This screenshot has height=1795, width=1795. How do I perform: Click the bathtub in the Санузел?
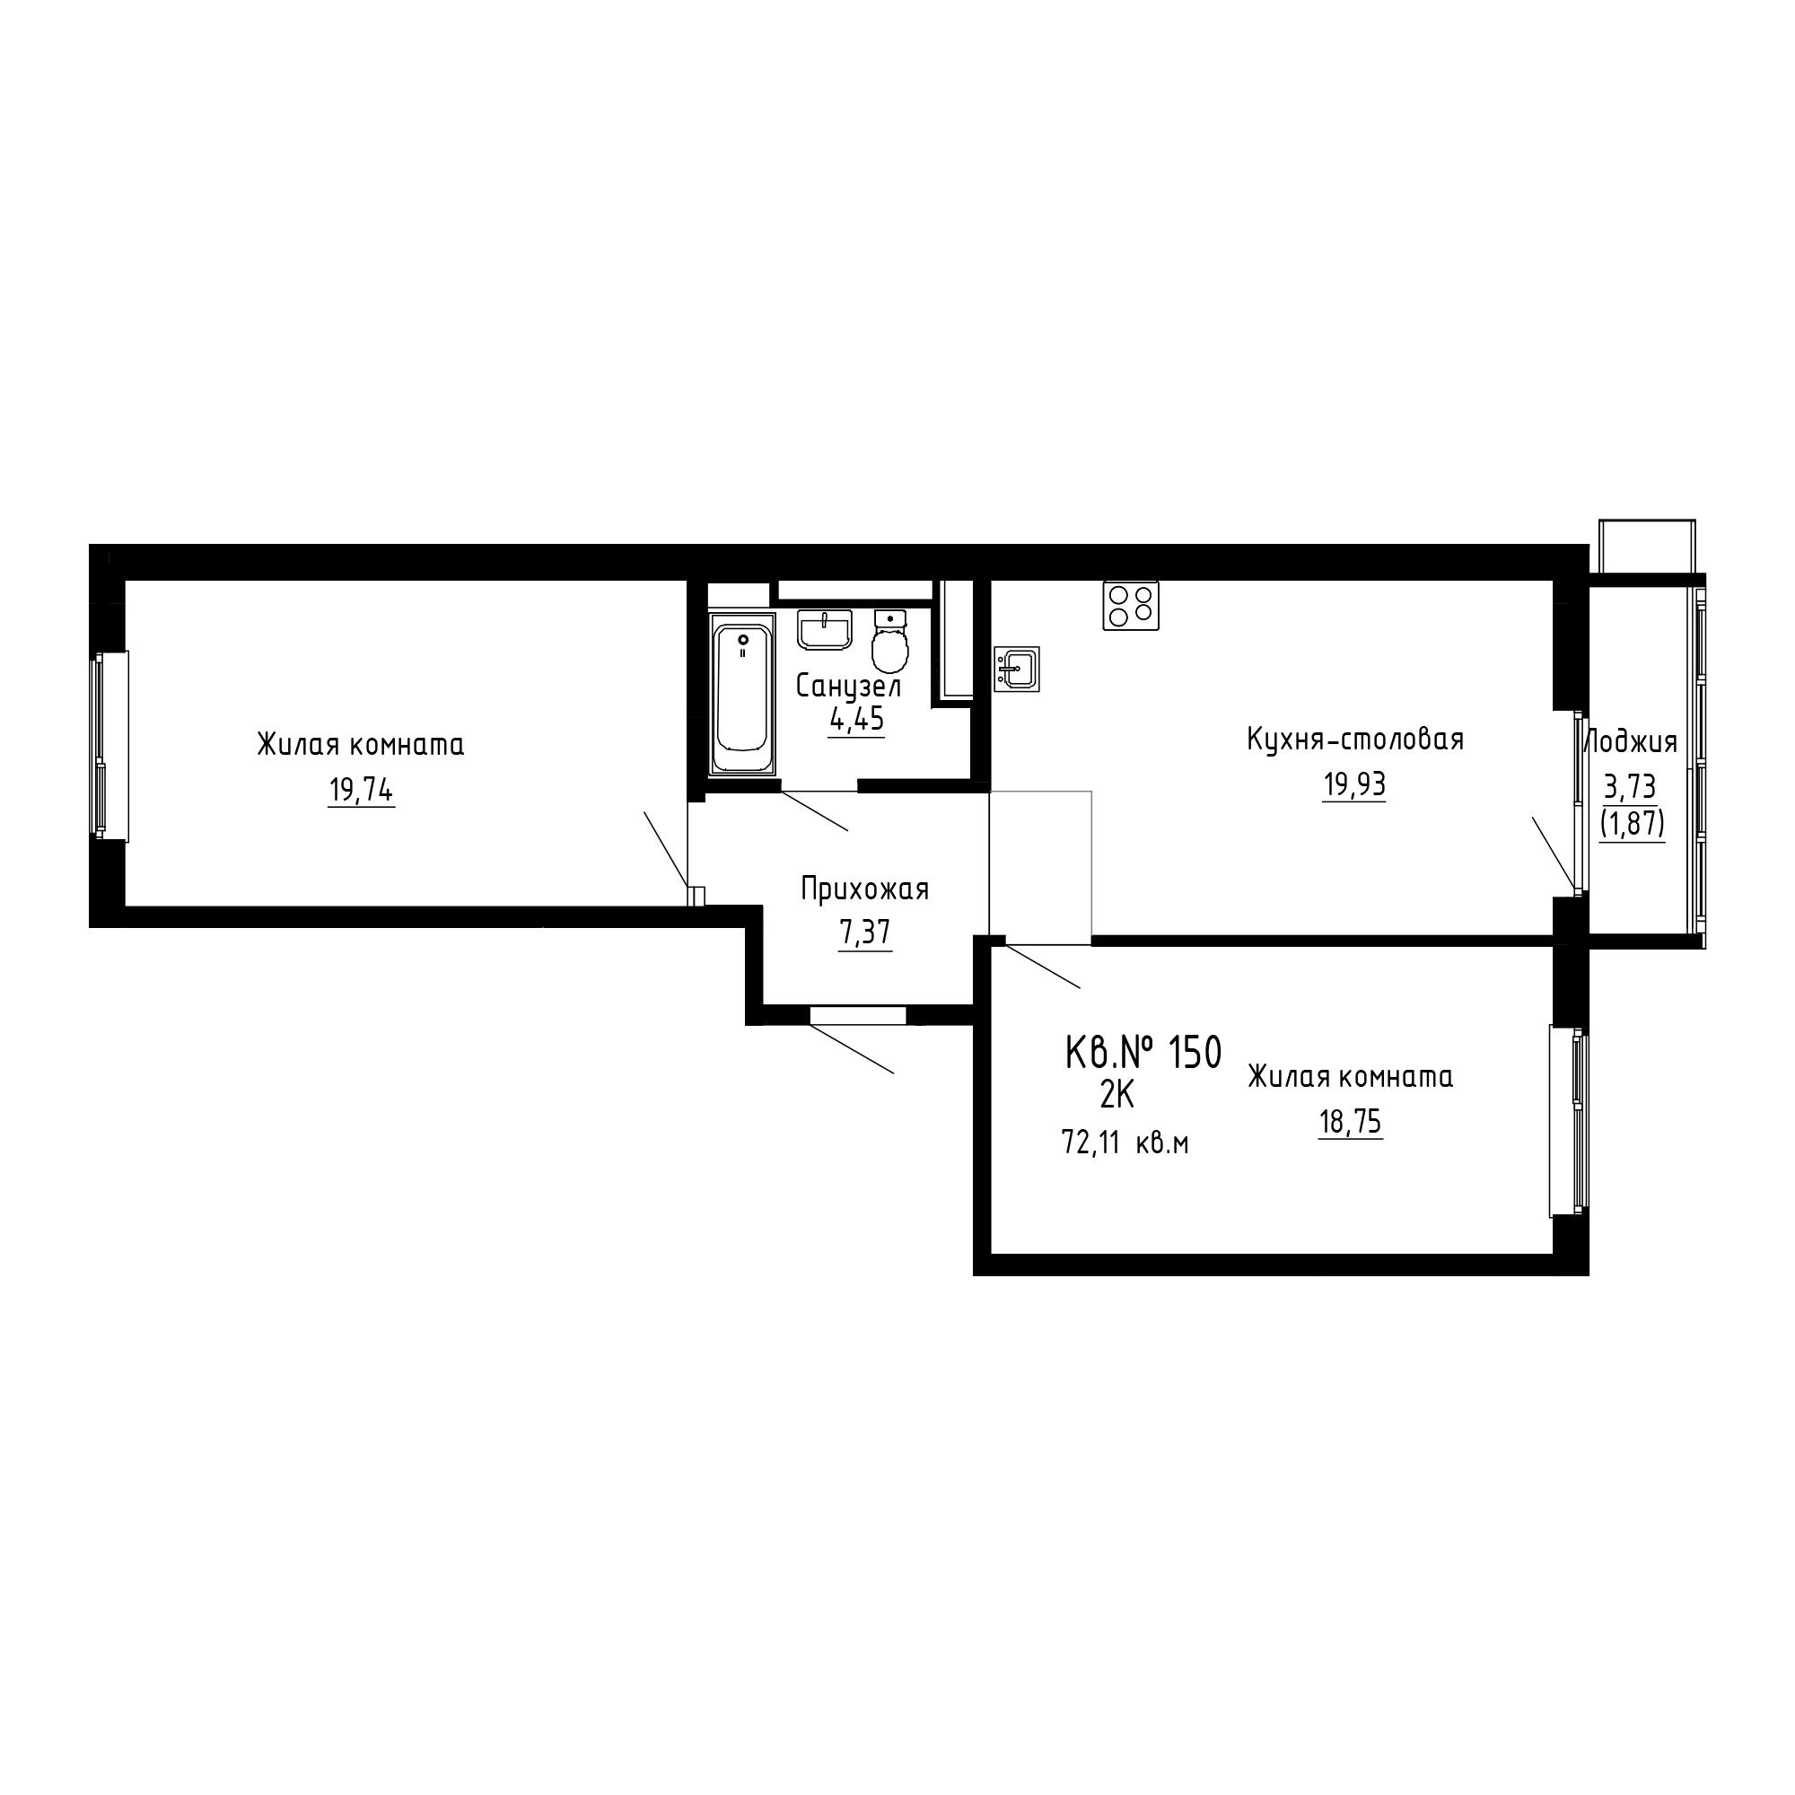(742, 692)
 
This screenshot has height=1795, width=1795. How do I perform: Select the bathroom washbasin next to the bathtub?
(825, 630)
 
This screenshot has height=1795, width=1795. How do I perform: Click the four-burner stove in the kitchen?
(1131, 606)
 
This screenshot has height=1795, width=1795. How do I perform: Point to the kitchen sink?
(1017, 669)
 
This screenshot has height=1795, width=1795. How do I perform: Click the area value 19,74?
(361, 792)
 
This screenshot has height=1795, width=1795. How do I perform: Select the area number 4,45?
(855, 720)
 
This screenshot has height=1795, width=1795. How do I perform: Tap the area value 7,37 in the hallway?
(865, 933)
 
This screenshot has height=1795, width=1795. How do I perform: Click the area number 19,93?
(1353, 785)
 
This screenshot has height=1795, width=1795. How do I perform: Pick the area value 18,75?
(1350, 1123)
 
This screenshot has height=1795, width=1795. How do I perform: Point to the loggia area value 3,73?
(1630, 788)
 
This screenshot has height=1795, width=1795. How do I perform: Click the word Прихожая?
(865, 890)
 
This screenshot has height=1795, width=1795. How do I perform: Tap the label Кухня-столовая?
(1354, 740)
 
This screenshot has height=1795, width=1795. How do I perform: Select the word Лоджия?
(1631, 743)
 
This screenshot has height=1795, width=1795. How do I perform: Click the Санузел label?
(849, 687)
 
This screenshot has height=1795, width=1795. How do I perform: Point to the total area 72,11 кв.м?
(1125, 1143)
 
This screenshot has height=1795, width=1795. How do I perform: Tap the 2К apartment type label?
(1116, 1097)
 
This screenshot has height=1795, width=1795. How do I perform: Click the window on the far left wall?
(109, 745)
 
